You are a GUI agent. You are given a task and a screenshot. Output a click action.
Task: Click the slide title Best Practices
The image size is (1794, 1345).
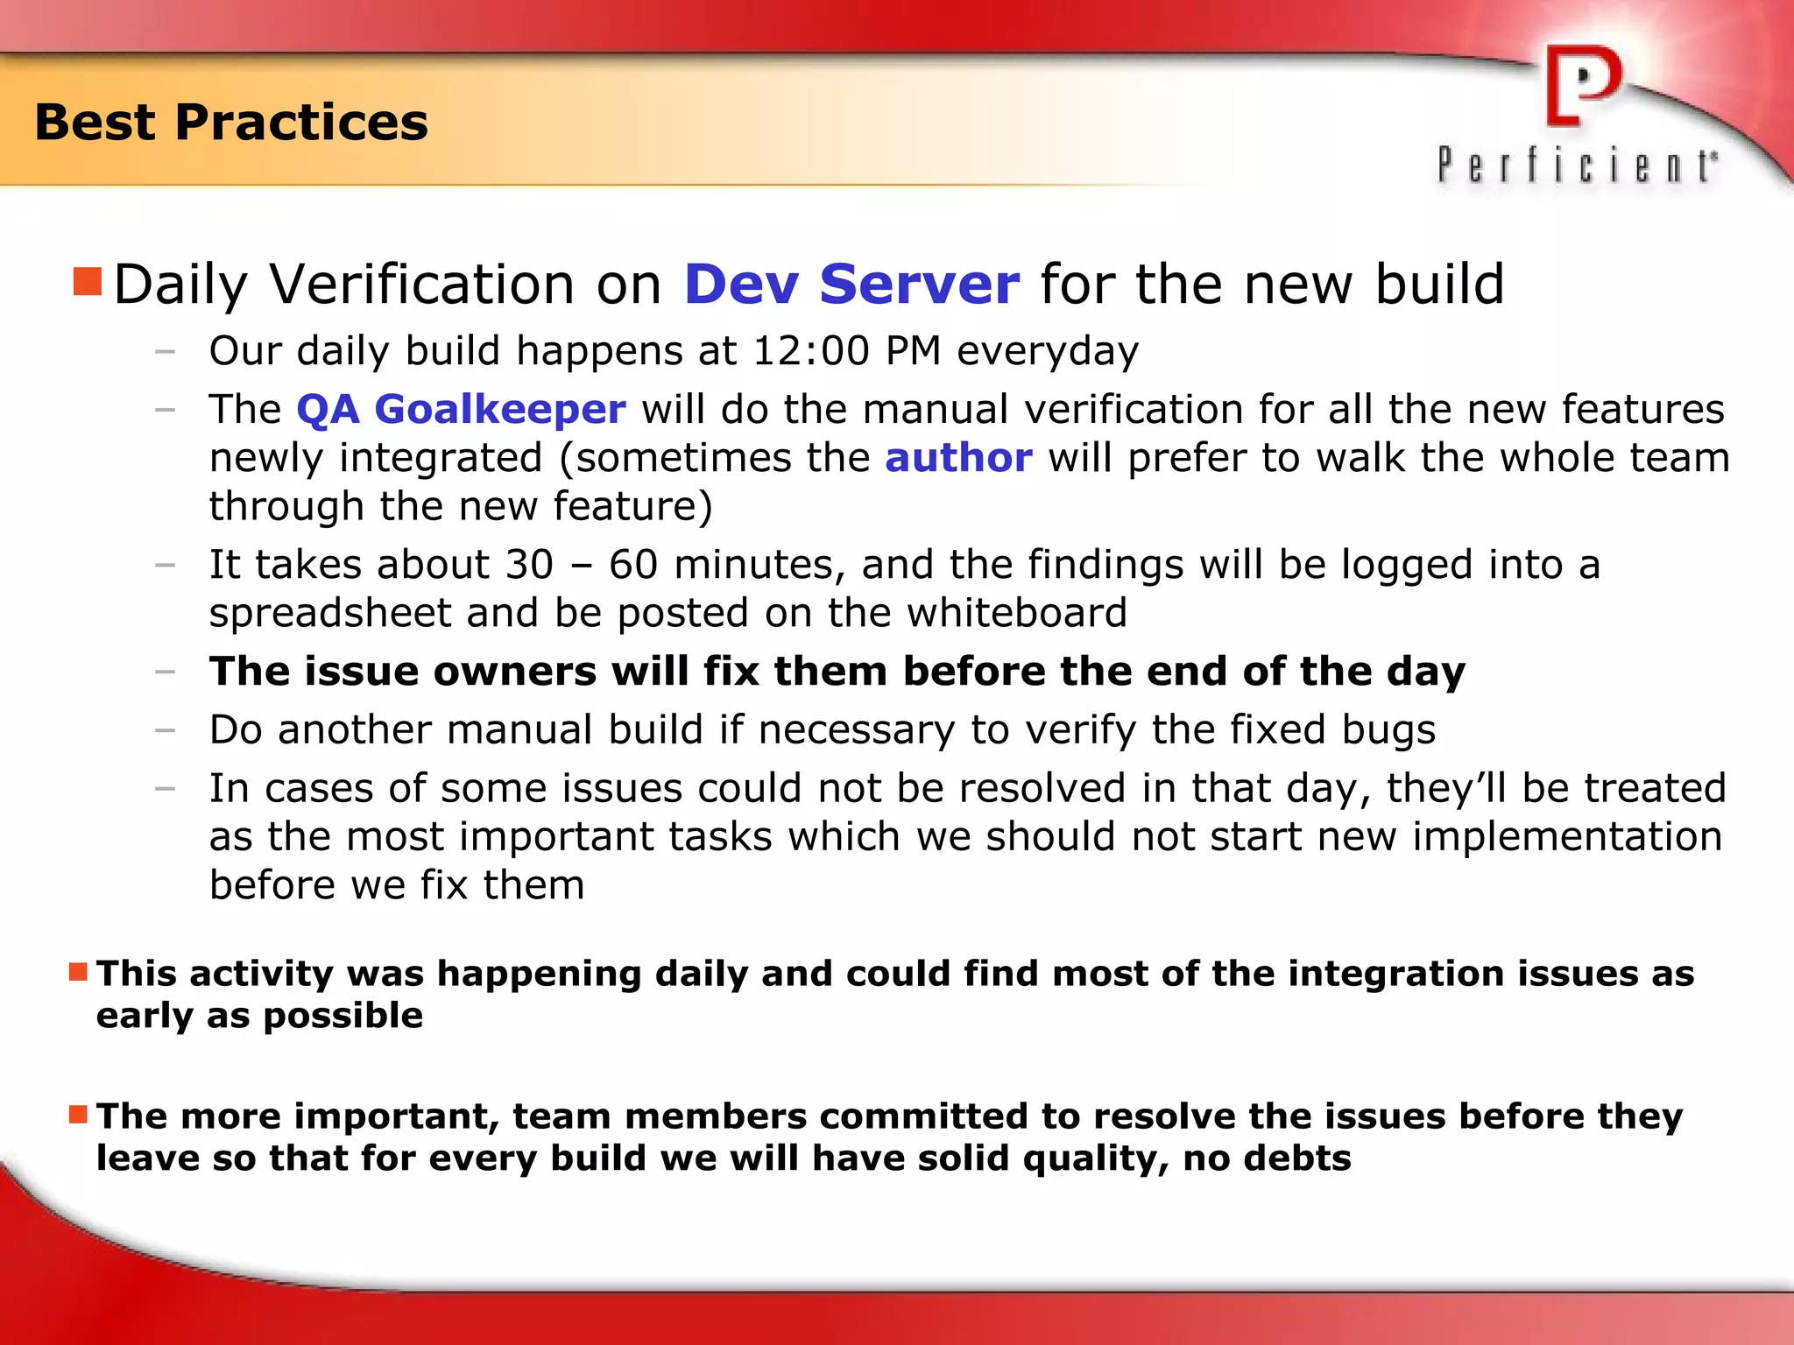(231, 122)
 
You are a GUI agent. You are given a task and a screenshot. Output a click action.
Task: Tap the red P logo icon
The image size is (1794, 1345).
(1583, 86)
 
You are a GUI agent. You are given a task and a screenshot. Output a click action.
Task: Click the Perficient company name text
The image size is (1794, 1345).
(1577, 165)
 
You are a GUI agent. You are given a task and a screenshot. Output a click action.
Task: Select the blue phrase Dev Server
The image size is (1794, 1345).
(851, 284)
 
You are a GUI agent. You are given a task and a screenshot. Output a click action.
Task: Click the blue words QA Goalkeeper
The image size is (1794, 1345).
(461, 409)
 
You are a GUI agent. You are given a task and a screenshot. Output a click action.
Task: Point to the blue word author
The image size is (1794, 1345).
(958, 458)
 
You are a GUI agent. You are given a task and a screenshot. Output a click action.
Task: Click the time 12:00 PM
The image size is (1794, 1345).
(846, 351)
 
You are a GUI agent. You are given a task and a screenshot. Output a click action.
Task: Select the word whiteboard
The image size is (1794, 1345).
(1016, 612)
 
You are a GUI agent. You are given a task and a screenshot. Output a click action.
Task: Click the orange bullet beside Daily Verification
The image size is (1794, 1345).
(88, 282)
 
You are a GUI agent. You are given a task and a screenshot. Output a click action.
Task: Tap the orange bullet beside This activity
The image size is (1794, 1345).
(78, 972)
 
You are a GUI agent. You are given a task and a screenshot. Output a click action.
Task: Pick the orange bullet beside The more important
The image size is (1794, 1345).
(78, 1114)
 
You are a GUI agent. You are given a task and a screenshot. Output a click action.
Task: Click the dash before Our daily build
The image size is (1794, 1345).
(165, 352)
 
